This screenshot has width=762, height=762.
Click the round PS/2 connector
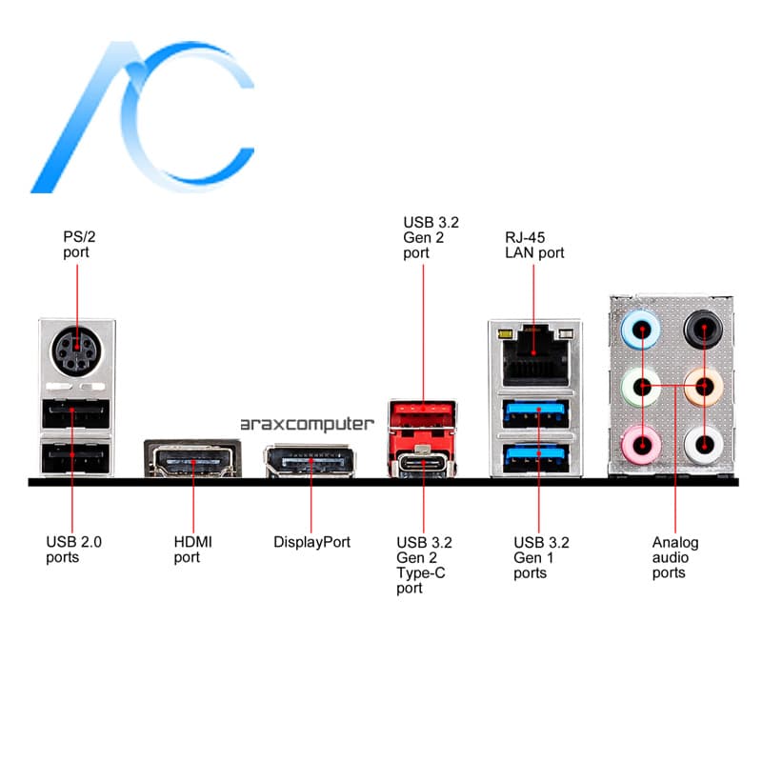point(77,350)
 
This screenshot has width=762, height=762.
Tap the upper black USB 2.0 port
point(76,413)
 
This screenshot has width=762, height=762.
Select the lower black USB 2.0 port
point(76,457)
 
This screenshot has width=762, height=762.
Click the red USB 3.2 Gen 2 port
point(423,414)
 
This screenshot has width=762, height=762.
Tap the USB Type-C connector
point(423,462)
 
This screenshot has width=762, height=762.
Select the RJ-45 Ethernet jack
point(534,354)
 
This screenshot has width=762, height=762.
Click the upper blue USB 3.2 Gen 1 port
point(535,414)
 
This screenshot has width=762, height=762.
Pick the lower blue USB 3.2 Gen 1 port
point(535,459)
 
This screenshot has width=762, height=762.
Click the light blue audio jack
point(641,330)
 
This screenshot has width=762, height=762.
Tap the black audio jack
point(703,329)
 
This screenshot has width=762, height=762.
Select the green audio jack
point(641,388)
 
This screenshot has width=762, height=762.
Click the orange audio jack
point(703,388)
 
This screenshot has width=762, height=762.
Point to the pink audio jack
point(641,444)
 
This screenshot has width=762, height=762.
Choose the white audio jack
point(704,444)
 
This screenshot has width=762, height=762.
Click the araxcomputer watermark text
point(307,425)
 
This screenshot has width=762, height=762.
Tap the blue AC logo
point(142,117)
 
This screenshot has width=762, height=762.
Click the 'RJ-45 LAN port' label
point(534,245)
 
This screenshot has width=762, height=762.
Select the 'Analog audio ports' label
point(675,557)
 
